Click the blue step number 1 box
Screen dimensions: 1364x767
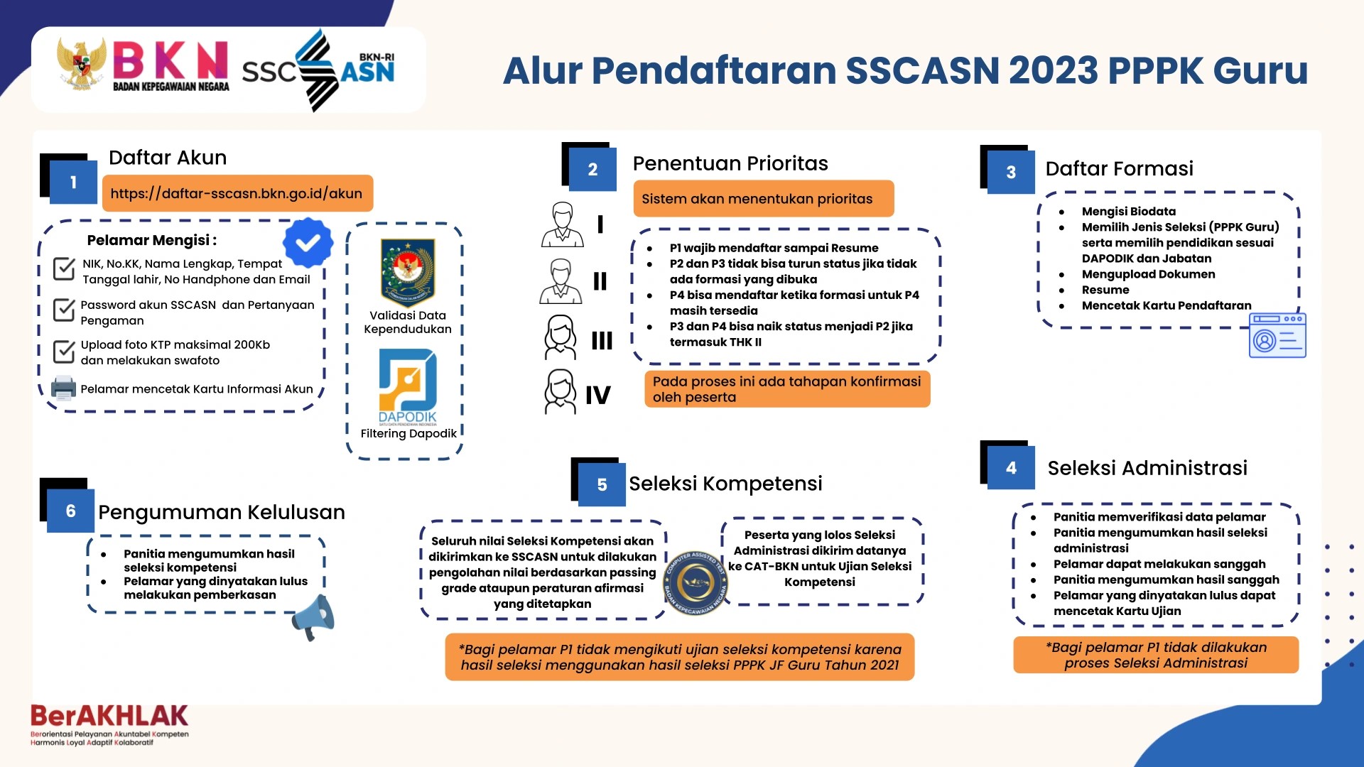click(x=73, y=183)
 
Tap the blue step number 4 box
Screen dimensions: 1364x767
click(x=1011, y=468)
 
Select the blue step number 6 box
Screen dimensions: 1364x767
click(x=70, y=511)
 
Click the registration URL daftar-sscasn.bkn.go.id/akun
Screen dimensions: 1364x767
click(x=237, y=193)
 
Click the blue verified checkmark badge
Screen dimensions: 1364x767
click(x=308, y=243)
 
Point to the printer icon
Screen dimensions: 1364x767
click(x=63, y=388)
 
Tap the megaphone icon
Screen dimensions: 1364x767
click(x=314, y=616)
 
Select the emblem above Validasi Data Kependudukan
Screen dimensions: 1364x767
click(x=408, y=272)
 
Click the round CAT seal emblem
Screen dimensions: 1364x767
click(x=695, y=583)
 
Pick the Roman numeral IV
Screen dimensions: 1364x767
click(x=597, y=395)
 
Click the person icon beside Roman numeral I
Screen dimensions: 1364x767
click(x=563, y=224)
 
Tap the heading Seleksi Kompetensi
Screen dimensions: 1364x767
click(x=725, y=484)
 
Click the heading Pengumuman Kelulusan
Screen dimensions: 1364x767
click(x=222, y=512)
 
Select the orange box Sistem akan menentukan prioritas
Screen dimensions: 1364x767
click(x=764, y=199)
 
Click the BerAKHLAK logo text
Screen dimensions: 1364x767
click(x=109, y=716)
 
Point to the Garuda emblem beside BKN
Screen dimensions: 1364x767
click(x=81, y=65)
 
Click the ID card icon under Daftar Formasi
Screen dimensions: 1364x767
click(x=1277, y=335)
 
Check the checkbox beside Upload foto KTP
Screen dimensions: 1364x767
click(x=64, y=351)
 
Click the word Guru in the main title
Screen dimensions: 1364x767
click(x=1260, y=71)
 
